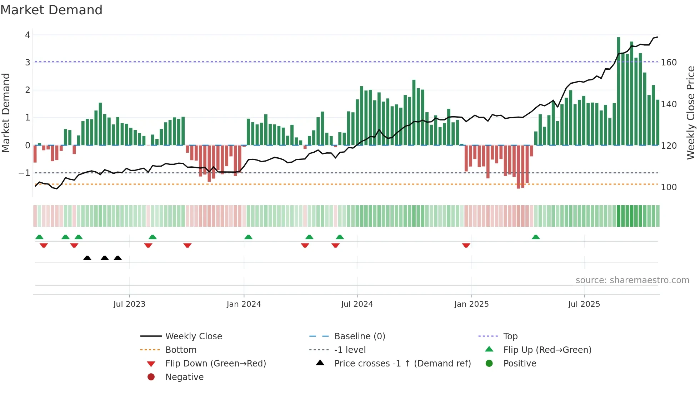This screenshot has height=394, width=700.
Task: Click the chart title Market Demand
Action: pyautogui.click(x=51, y=10)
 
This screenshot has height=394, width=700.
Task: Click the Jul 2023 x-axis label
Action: pyautogui.click(x=129, y=304)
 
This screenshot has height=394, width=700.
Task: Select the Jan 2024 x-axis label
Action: pyautogui.click(x=244, y=304)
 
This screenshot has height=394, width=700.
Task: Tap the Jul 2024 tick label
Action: pyautogui.click(x=357, y=304)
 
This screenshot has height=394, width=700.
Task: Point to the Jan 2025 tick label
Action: pyautogui.click(x=471, y=304)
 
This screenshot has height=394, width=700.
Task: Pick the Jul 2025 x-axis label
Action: pyautogui.click(x=584, y=304)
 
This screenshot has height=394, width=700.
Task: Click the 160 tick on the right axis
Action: pyautogui.click(x=669, y=63)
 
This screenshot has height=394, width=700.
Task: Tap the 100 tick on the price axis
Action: pyautogui.click(x=669, y=187)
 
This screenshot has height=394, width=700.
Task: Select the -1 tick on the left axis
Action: pyautogui.click(x=25, y=173)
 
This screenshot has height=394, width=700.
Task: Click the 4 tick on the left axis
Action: pyautogui.click(x=27, y=35)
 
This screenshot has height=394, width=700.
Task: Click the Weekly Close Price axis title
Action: pyautogui.click(x=691, y=113)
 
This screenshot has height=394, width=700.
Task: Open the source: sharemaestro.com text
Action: pyautogui.click(x=632, y=280)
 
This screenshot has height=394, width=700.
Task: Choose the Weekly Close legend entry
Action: pyautogui.click(x=193, y=336)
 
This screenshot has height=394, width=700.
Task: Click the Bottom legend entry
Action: pyautogui.click(x=181, y=350)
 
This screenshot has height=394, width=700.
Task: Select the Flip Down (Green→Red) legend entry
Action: pyautogui.click(x=215, y=364)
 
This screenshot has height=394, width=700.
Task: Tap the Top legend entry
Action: pyautogui.click(x=510, y=336)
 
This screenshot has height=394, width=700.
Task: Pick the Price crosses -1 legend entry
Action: pyautogui.click(x=402, y=364)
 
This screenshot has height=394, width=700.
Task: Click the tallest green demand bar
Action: pyautogui.click(x=619, y=91)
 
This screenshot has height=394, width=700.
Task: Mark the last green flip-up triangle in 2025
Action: pyautogui.click(x=536, y=237)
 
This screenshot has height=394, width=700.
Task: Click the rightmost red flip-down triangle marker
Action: pyautogui.click(x=466, y=245)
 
